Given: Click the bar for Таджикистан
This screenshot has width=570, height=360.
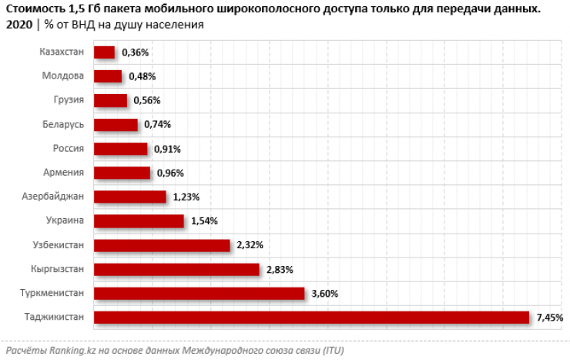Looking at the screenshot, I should coord(311,318).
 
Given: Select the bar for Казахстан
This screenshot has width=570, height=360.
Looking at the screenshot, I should coord(104,52).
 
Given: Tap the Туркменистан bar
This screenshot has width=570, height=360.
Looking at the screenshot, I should coord(199,294).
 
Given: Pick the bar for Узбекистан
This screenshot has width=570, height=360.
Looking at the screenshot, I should coord(162,245).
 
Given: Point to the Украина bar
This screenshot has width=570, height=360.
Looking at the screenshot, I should coord(139,221).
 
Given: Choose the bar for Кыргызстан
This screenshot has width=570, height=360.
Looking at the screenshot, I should coord(176,269).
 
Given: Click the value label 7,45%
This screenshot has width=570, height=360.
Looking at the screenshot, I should coord(549,318).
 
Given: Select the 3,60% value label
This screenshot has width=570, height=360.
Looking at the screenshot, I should coord(324,294).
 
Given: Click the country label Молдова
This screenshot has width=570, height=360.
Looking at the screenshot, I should coord(63,76).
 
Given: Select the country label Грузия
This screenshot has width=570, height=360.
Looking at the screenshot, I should coord(66,100).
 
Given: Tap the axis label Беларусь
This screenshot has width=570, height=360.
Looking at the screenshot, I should coord(62,124).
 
